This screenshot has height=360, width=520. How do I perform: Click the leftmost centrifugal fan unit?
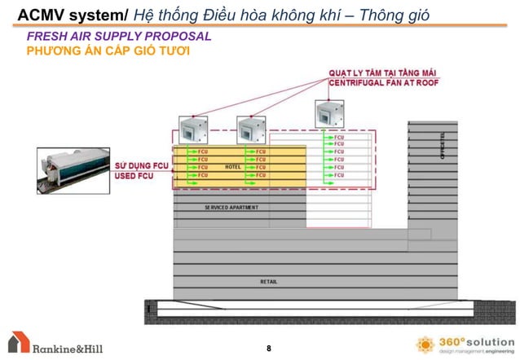tap(194, 129)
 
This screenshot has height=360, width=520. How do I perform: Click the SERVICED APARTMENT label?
tap(231, 207)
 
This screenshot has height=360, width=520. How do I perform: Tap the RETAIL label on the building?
tap(268, 282)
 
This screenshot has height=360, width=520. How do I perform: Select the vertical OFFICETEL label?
tap(443, 147)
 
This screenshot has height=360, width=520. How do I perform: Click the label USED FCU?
tap(134, 176)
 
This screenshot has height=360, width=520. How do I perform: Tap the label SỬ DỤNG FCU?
tap(140, 166)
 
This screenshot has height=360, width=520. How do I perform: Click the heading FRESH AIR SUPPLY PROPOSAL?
tap(119, 37)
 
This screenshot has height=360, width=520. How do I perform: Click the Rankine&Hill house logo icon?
tap(18, 343)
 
